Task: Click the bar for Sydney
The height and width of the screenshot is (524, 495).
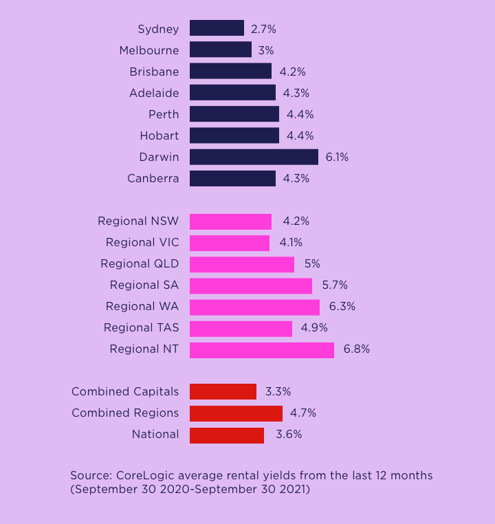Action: [x=217, y=28]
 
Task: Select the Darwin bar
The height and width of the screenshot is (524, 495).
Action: [x=254, y=157]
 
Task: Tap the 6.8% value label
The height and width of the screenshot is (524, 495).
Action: [x=356, y=349]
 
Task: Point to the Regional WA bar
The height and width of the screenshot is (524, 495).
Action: [x=254, y=307]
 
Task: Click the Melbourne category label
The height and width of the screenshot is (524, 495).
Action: [x=148, y=50]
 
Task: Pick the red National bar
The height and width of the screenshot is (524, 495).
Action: [x=227, y=435]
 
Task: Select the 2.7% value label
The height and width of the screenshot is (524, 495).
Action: [x=263, y=29]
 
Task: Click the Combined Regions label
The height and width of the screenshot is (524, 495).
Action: [x=125, y=413]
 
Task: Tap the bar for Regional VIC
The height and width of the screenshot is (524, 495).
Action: [x=230, y=243]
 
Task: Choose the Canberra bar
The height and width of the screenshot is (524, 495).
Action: [x=232, y=179]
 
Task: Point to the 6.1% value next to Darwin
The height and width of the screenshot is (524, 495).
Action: [x=337, y=157]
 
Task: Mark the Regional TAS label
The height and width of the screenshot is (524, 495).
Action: [x=141, y=328]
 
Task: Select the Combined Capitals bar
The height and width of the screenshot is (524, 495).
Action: [x=223, y=392]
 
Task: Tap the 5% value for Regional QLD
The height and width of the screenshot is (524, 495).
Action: [x=312, y=264]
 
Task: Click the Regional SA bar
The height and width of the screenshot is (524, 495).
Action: [x=251, y=285]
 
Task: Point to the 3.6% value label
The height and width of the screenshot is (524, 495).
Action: [x=289, y=435]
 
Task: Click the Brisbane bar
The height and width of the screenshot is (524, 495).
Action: [x=230, y=72]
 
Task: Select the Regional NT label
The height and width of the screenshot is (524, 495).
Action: [x=144, y=349]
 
